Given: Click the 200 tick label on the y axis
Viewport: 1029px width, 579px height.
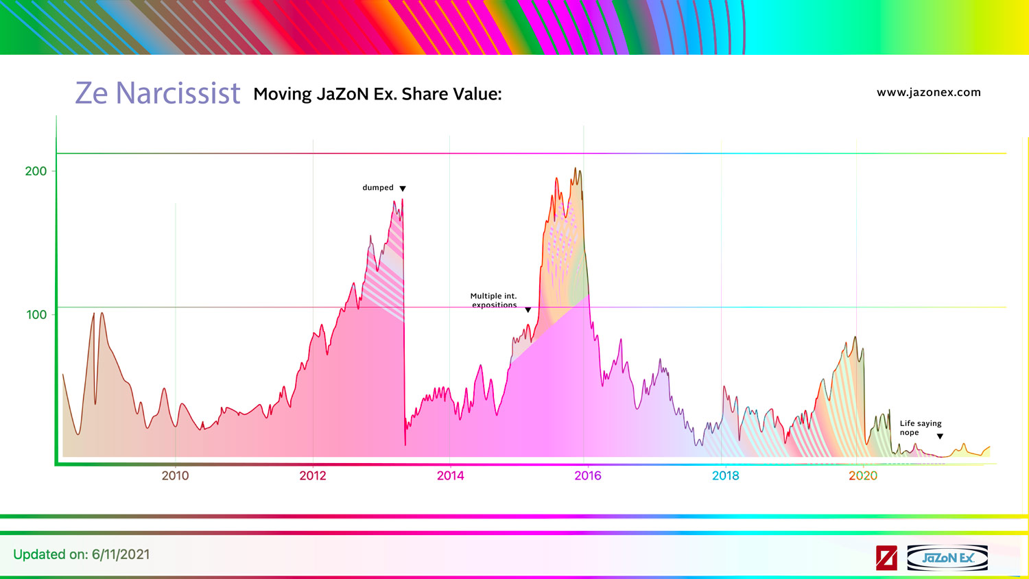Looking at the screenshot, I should pos(36,172).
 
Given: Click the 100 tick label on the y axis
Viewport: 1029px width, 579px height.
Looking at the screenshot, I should pos(36,315).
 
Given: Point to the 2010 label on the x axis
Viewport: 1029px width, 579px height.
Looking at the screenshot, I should pos(175,475).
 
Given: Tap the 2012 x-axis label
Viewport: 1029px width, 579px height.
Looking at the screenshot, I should pos(313,475).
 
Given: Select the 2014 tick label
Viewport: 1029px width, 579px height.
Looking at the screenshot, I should pos(450,475).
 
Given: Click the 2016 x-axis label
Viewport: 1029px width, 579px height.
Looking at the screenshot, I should pos(588,475).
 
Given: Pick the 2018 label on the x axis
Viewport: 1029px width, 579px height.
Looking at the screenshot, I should pos(725,475).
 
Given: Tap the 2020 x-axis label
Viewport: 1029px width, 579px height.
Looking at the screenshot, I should pos(862,475).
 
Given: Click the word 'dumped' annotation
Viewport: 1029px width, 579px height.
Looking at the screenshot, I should pos(378,187).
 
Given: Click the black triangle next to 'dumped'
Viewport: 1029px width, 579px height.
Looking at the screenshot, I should pos(403,189).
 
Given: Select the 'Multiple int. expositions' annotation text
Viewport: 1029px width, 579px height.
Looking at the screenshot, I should pos(494,300).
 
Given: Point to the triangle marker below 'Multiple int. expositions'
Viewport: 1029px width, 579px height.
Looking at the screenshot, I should pos(528,310).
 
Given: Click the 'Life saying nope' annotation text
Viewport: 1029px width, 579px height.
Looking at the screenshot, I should pos(920,428).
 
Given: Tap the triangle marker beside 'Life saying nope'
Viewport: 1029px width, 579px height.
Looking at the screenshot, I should pos(940,436).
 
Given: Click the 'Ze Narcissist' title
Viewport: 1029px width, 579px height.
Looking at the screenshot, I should pos(157,93).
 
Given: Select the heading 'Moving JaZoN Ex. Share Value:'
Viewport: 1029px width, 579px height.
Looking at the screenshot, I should pos(377,94).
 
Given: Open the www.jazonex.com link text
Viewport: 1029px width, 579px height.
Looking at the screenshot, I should pos(928,93).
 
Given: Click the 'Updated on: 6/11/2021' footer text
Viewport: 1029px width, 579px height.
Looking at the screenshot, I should pos(82,554).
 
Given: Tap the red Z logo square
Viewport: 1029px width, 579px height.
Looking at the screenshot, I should pos(886,558).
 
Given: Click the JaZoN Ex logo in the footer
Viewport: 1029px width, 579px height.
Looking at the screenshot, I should pos(947,558).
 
